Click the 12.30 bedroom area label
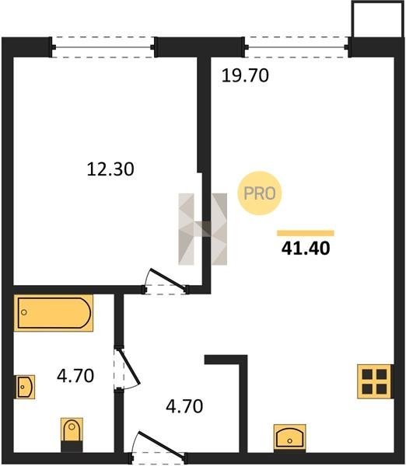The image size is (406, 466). [110, 169]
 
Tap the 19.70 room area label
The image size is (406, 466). [245, 75]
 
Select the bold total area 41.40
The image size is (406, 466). [306, 249]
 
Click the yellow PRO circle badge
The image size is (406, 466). [260, 193]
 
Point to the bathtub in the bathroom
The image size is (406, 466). [54, 313]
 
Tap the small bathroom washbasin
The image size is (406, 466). [26, 387]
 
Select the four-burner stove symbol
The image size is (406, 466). [374, 381]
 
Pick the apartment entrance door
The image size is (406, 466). [157, 449]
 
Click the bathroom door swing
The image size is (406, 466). [127, 369]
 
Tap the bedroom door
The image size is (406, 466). [166, 281]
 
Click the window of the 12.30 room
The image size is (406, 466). [103, 47]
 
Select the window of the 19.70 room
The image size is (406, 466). [296, 47]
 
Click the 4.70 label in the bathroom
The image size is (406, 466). [75, 376]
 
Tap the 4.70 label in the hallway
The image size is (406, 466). [184, 406]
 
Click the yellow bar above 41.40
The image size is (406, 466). [306, 233]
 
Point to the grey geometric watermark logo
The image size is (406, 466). [203, 229]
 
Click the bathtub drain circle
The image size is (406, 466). [24, 312]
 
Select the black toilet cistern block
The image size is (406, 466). [72, 447]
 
